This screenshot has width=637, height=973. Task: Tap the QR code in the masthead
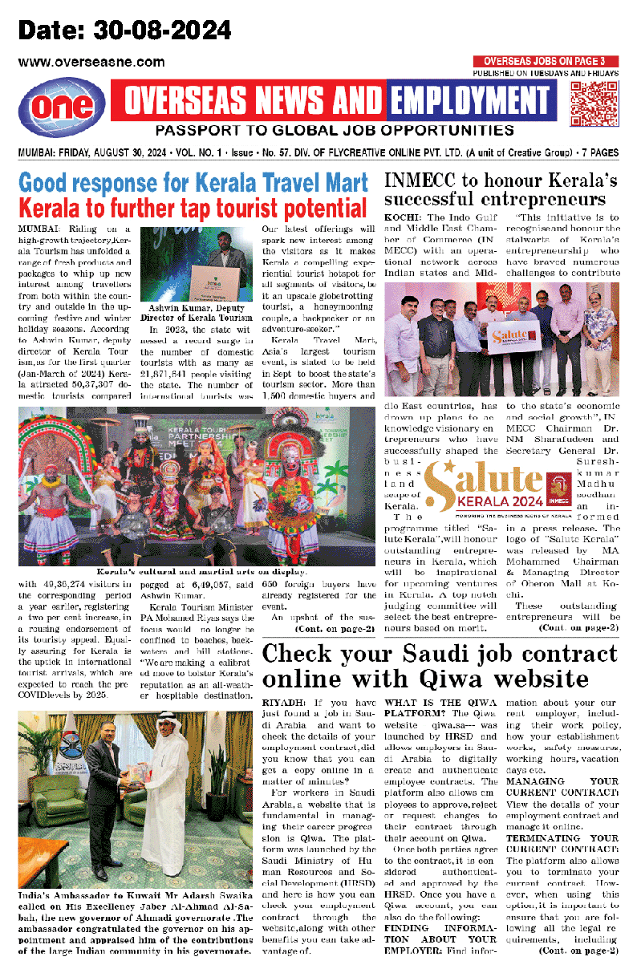point(594,102)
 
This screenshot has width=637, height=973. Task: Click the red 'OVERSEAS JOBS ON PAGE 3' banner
point(545,61)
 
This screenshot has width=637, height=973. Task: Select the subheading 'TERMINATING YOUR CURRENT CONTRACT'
point(562,842)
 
